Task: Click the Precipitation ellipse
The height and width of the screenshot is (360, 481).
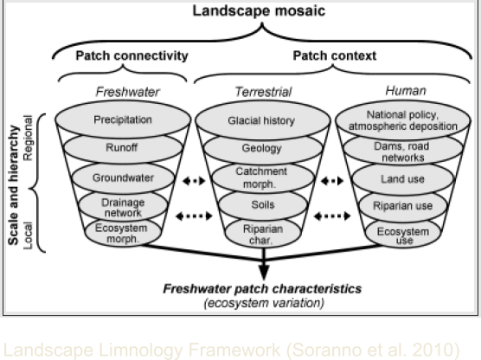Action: pos(123,120)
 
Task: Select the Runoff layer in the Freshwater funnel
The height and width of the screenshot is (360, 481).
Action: pos(123,149)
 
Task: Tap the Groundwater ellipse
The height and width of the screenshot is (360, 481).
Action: pos(123,177)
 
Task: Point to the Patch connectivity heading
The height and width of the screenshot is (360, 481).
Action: pos(131,55)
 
